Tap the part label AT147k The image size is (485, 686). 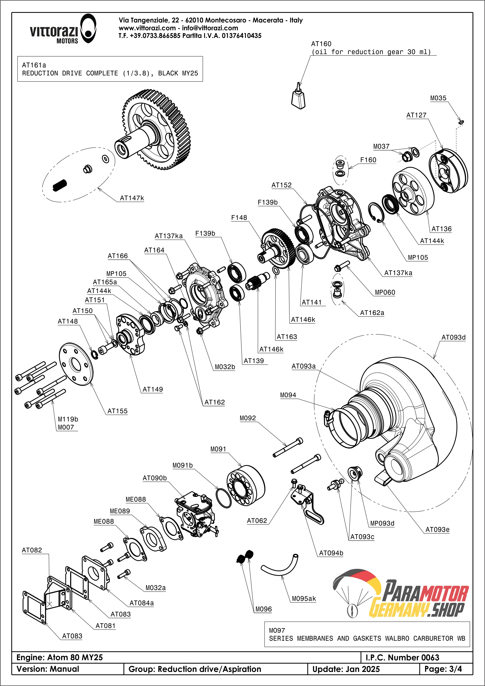click(x=132, y=198)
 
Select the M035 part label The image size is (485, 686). click(x=438, y=98)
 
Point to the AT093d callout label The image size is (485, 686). click(x=453, y=337)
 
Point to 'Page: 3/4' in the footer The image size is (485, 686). click(x=443, y=669)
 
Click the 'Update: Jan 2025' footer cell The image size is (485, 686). click(x=346, y=669)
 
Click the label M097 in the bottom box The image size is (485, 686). click(x=277, y=631)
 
